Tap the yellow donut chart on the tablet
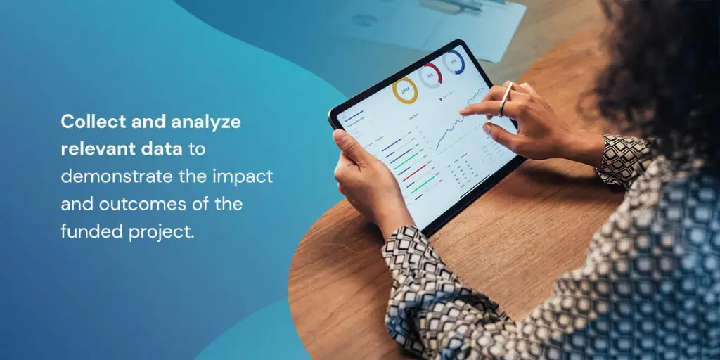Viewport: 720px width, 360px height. [x=405, y=91]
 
